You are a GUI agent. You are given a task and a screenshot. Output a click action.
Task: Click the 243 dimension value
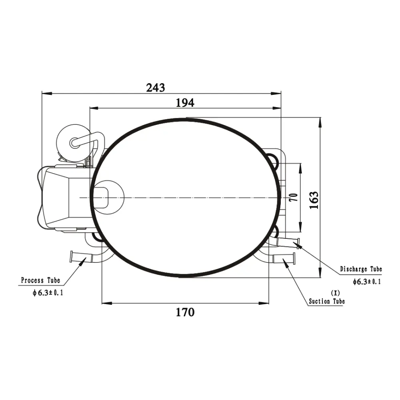coord(155,88)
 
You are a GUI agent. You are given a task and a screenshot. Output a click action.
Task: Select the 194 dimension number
coord(185,103)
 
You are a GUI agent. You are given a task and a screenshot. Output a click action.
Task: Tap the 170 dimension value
coord(185,312)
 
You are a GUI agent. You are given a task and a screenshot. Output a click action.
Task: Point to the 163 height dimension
coord(314,200)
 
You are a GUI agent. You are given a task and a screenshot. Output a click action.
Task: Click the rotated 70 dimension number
coord(294,198)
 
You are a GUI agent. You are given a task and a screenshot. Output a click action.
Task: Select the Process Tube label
coord(40,280)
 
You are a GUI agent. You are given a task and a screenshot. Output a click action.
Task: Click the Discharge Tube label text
coord(361,269)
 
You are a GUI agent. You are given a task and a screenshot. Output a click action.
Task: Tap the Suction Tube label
coord(327,301)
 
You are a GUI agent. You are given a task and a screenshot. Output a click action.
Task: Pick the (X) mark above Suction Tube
coord(335,293)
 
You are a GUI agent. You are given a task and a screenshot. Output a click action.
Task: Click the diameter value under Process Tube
coord(48,293)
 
